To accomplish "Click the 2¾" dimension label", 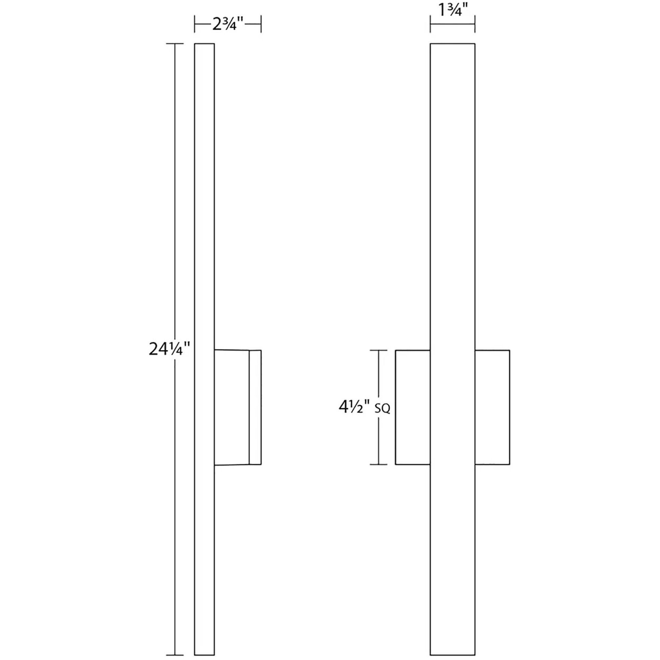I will pyautogui.click(x=228, y=24).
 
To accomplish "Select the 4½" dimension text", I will pyautogui.click(x=354, y=407).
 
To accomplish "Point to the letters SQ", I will pyautogui.click(x=382, y=409).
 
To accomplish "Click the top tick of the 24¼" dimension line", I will pyautogui.click(x=175, y=44).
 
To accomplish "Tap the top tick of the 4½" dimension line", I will pyautogui.click(x=378, y=350).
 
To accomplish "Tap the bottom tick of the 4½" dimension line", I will pyautogui.click(x=378, y=465).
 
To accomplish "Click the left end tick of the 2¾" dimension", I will pyautogui.click(x=195, y=24).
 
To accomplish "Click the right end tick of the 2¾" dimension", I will pyautogui.click(x=261, y=24).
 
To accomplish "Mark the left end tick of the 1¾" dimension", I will pyautogui.click(x=430, y=24).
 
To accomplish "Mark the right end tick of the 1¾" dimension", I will pyautogui.click(x=475, y=24).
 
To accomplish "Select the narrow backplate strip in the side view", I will pyautogui.click(x=255, y=407).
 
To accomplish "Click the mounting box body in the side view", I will pyautogui.click(x=231, y=407).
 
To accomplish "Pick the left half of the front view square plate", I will pyautogui.click(x=413, y=407).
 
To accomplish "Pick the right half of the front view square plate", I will pyautogui.click(x=492, y=407).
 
